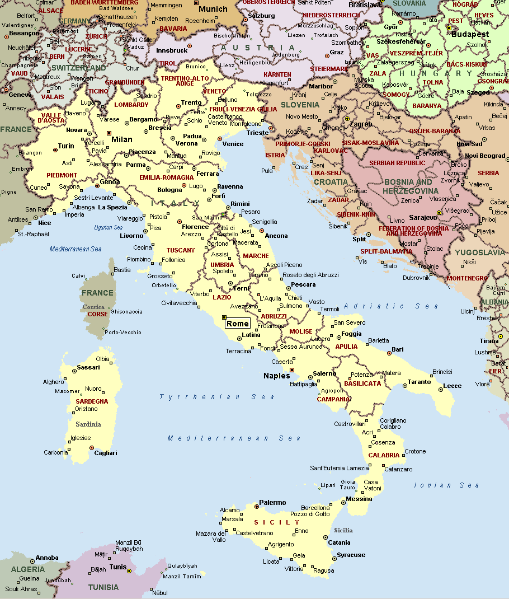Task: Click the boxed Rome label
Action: point(237,323)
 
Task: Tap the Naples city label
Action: point(277,376)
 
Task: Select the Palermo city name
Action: point(272,503)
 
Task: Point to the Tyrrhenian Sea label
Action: point(216,397)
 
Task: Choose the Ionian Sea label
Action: point(446,485)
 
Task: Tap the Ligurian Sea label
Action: point(108,228)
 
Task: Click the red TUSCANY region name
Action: point(181,250)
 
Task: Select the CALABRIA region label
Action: point(384,455)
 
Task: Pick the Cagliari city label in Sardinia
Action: point(106,453)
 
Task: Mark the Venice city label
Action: point(233,144)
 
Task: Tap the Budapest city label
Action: point(471,34)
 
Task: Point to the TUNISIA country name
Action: point(103,587)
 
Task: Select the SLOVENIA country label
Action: point(300,105)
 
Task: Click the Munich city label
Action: point(213,9)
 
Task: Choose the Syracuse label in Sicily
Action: point(351,555)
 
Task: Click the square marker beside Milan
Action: point(109,133)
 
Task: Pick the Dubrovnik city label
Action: point(416,277)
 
